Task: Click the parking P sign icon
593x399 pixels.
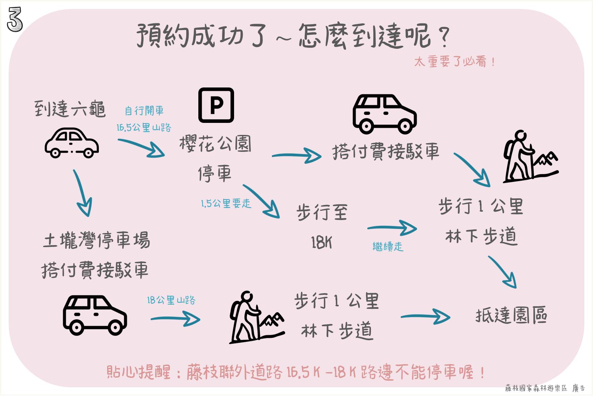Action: coord(216,105)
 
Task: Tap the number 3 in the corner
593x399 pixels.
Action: coord(15,20)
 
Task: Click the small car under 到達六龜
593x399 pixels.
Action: coord(72,143)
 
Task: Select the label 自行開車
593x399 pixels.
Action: coord(144,111)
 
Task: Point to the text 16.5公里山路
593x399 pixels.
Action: coord(144,128)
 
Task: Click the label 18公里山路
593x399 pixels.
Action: coord(171,300)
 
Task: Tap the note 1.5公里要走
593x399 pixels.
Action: coord(226,203)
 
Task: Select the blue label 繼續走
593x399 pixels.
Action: coord(388,247)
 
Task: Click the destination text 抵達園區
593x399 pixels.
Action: coord(511,315)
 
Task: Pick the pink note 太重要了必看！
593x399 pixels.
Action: coord(454,62)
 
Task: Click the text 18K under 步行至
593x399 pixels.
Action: coord(321,242)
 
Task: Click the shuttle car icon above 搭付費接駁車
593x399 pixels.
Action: coord(385,114)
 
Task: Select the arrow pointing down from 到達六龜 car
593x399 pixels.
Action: coord(82,194)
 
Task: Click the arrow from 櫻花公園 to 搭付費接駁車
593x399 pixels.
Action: coord(296,156)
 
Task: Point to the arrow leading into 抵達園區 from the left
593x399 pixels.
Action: coord(425,316)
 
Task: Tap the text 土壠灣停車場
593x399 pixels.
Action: coord(96,240)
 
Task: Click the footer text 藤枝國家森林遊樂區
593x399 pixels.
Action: coord(536,388)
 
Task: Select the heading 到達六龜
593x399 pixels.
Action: coord(70,109)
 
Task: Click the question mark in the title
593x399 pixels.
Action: coord(444,36)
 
